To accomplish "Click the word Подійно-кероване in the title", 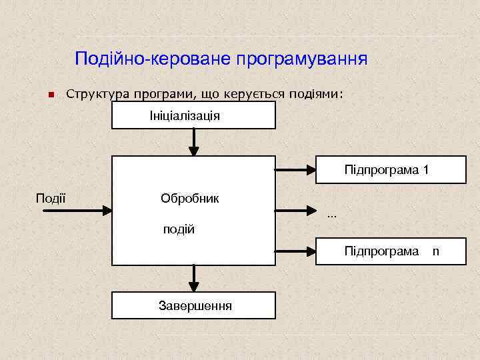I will [x=150, y=59].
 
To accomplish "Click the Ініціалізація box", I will [x=193, y=115].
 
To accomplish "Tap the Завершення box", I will [x=193, y=306].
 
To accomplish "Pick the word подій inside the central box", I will [x=179, y=230].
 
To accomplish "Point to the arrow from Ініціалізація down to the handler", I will [x=193, y=141].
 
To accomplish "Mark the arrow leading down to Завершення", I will [x=194, y=277].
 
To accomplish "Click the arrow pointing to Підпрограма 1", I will [x=295, y=170].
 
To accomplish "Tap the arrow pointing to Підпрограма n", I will [x=295, y=252].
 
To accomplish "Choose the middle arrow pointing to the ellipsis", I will [x=295, y=211].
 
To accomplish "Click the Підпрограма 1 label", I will [x=386, y=170].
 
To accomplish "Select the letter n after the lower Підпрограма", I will [x=435, y=251].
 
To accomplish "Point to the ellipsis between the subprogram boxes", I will [x=332, y=215].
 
